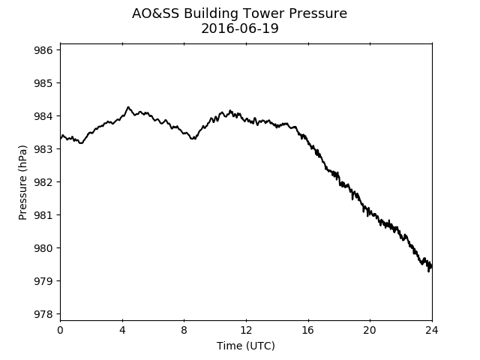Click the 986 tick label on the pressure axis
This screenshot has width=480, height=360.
click(43, 50)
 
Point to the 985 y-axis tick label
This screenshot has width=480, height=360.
click(43, 83)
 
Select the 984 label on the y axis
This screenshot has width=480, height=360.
click(43, 116)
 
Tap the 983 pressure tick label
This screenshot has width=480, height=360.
click(43, 149)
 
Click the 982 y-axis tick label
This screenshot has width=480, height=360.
click(43, 182)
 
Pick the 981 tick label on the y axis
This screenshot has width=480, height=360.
click(43, 215)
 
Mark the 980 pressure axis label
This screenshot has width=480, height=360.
click(43, 248)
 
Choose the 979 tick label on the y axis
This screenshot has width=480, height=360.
click(43, 281)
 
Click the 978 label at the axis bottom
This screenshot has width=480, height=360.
click(43, 314)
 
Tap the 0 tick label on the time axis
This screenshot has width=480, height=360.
click(60, 330)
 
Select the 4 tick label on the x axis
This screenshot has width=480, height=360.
click(122, 330)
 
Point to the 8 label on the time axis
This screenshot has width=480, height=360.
click(184, 330)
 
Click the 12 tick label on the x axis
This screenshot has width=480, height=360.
click(246, 330)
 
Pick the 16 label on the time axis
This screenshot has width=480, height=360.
click(308, 330)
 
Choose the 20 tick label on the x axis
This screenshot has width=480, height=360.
click(370, 330)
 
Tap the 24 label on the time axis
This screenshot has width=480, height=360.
click(432, 330)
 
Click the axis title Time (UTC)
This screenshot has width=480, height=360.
click(246, 346)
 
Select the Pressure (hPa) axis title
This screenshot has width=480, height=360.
click(22, 182)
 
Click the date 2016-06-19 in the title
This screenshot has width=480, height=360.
click(240, 28)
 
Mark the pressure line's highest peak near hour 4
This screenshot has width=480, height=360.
click(128, 106)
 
